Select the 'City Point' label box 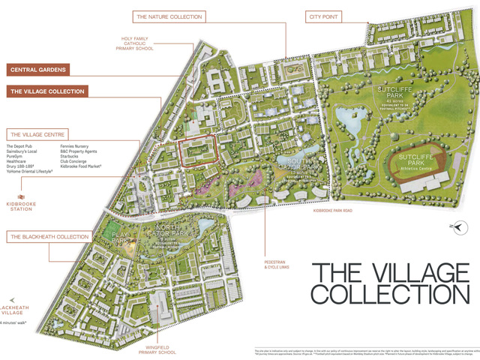pos(326,16)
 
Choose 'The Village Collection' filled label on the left pos(47,91)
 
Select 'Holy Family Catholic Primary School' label pos(136,44)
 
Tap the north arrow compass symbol pos(451,225)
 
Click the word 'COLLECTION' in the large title pos(385,293)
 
